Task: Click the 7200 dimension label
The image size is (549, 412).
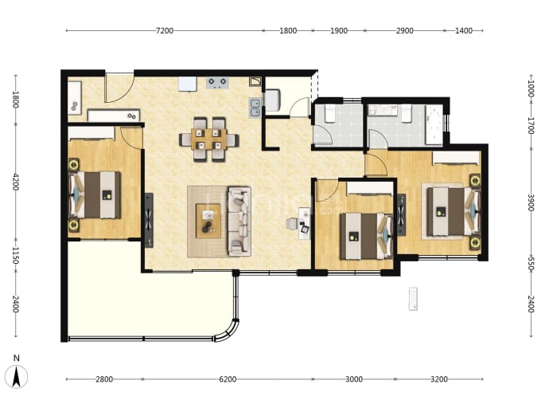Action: [x=165, y=31]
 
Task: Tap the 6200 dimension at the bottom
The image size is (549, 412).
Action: [x=228, y=379]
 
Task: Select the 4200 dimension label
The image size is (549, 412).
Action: [x=16, y=182]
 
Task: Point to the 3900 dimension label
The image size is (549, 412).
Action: [x=531, y=202]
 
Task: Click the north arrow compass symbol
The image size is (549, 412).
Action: [x=16, y=377]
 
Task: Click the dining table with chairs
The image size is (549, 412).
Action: [x=209, y=139]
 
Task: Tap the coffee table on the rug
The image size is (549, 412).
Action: [x=208, y=221]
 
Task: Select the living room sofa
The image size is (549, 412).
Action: [x=239, y=222]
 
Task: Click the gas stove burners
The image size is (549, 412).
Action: [x=217, y=83]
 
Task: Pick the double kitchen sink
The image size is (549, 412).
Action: [x=255, y=108]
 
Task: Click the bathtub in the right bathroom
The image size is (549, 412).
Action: [x=434, y=125]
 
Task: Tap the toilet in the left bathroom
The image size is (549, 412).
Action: [x=330, y=114]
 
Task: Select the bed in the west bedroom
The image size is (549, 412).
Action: [x=95, y=195]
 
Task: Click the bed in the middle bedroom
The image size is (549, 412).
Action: [x=366, y=236]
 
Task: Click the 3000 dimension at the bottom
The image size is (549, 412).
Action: [x=354, y=379]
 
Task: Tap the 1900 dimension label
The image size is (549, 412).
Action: [x=339, y=31]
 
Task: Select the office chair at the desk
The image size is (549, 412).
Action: [x=291, y=224]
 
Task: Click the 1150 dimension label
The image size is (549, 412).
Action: [x=16, y=255]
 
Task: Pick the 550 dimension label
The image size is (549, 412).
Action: [x=531, y=264]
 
